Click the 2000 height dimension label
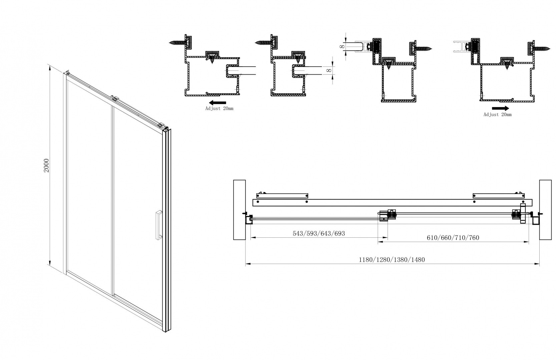click(x=47, y=165)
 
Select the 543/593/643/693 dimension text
click(x=319, y=234)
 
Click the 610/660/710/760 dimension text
click(x=453, y=238)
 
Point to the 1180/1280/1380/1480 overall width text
click(x=392, y=260)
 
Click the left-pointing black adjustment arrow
click(x=218, y=103)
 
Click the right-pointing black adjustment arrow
click(x=500, y=108)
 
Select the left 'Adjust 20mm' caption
click(x=219, y=109)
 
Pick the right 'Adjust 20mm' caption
click(x=497, y=115)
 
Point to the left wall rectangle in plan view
click(x=239, y=210)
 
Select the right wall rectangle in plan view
click(x=545, y=210)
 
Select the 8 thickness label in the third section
click(x=342, y=47)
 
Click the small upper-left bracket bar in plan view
click(x=282, y=195)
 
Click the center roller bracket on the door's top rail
click(x=115, y=98)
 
